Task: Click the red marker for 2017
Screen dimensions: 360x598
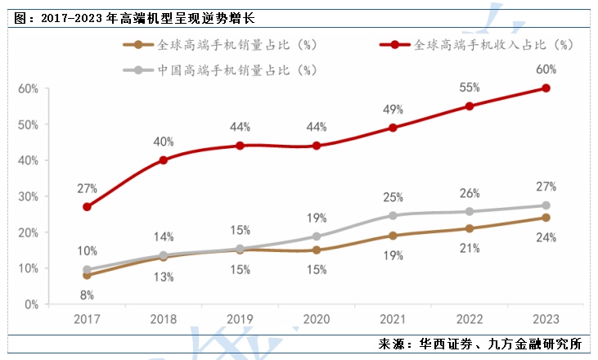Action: [x=88, y=207]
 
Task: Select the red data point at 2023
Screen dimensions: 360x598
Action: [x=546, y=88]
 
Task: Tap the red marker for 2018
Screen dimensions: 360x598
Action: [x=164, y=160]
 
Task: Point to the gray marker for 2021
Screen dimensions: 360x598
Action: [x=393, y=215]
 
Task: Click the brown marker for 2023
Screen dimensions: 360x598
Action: [x=546, y=218]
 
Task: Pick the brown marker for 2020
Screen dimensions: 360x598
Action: [x=317, y=250]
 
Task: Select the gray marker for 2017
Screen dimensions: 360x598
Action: [x=88, y=269]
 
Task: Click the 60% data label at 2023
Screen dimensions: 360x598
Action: [x=546, y=70]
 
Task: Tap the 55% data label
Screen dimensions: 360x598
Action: [x=470, y=87]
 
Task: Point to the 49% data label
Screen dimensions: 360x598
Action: [x=393, y=110]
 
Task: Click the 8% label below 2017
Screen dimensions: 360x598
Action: [x=88, y=295]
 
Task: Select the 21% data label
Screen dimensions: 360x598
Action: [x=470, y=249]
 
